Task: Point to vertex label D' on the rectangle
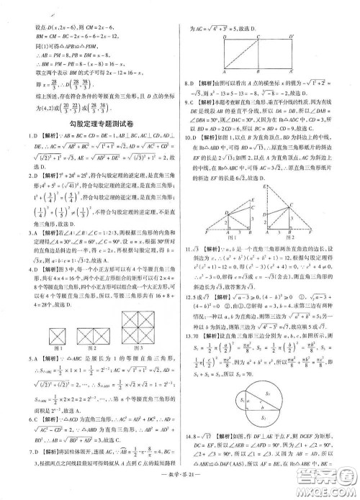pos(290,35)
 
